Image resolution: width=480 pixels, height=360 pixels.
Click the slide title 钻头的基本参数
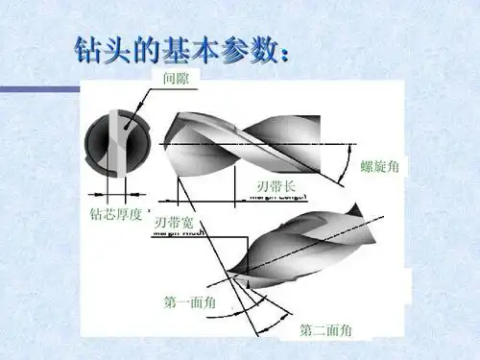pyautogui.click(x=180, y=50)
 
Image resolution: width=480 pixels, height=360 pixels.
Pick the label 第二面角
pyautogui.click(x=325, y=331)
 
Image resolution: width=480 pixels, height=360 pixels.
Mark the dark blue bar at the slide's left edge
pyautogui.click(x=38, y=90)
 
